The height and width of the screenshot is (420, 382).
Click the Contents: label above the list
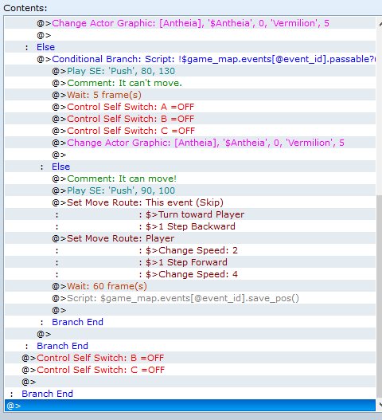pos(25,8)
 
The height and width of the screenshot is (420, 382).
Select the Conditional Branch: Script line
pos(213,59)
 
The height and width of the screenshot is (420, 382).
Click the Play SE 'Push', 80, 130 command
pos(121,71)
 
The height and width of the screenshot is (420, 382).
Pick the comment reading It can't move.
pos(124,83)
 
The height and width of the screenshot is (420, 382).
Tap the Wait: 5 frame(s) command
pos(104,95)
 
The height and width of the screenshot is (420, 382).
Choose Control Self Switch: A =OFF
pos(131,107)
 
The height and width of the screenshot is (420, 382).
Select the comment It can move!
pos(122,179)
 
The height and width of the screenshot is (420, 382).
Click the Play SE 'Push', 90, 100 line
pos(121,190)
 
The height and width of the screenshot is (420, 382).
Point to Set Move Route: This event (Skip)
pos(145,202)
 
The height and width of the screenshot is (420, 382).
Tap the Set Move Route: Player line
pos(120,238)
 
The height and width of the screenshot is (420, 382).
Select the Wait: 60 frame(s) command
pos(107,286)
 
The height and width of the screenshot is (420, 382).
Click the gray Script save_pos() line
pos(183,298)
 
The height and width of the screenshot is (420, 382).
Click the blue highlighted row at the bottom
pos(190,406)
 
